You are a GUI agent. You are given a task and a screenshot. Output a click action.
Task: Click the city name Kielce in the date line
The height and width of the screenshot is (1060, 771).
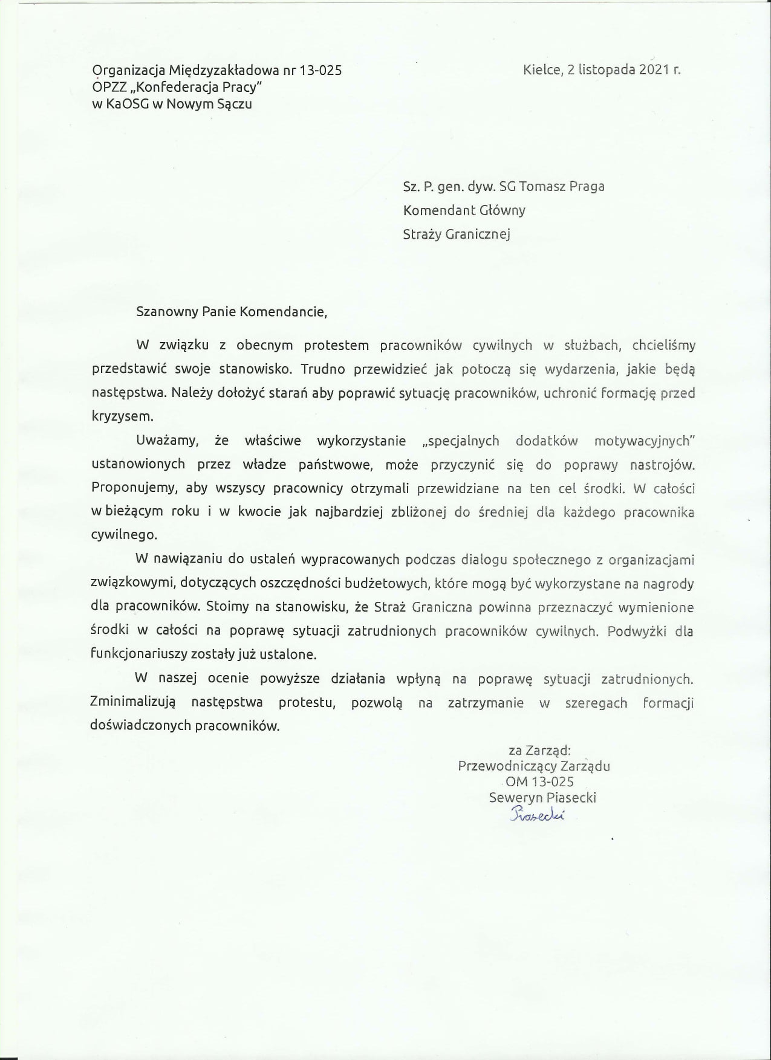click(541, 69)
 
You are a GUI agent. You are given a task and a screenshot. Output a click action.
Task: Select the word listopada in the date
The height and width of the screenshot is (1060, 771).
click(605, 69)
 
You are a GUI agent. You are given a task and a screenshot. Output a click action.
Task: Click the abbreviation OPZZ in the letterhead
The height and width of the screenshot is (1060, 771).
click(108, 87)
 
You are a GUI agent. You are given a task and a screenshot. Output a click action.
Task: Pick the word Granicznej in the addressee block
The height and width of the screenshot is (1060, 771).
click(478, 234)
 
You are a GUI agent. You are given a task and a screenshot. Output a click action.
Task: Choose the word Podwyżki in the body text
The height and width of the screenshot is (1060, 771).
click(635, 632)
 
